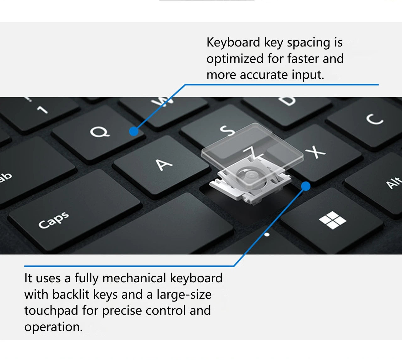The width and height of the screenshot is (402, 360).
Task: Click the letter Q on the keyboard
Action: pos(100,132)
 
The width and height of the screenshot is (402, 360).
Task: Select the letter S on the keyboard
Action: pos(227,130)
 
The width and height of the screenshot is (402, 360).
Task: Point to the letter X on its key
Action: pos(315,152)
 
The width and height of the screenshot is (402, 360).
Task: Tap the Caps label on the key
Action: pos(54,220)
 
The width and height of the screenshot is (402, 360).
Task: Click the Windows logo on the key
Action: pos(333,220)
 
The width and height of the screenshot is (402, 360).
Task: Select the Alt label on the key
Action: pos(394,182)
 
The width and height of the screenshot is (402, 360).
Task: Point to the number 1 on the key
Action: pos(43,110)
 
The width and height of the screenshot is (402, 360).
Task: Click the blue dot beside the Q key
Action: pos(134,131)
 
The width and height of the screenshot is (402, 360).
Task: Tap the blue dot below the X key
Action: pos(306,186)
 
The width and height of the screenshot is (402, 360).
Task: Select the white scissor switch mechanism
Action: pos(250,183)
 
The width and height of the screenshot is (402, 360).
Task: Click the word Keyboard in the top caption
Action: pos(233,43)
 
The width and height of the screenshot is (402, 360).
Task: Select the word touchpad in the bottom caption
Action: pos(51,311)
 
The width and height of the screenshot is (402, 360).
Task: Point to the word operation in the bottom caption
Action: pos(53,327)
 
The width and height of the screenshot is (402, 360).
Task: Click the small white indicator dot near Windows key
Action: pos(267,235)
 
